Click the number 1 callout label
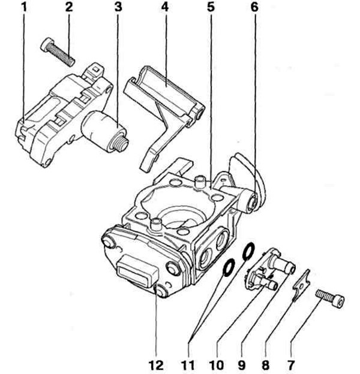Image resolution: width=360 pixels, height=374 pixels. pos(25,8)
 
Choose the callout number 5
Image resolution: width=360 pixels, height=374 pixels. pos(210,8)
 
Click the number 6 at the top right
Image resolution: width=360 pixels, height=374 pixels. pos(254,8)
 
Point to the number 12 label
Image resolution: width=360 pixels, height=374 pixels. pos(154,363)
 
